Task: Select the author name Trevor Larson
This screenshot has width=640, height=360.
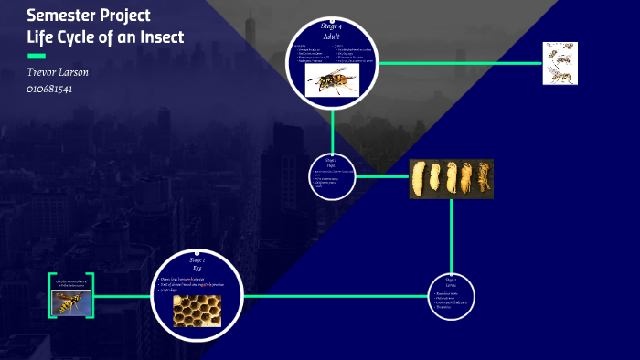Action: coord(58,71)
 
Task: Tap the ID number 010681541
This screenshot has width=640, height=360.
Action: coord(50,89)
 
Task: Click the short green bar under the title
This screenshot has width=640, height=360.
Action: coord(37,57)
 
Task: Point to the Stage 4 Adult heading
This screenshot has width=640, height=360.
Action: coord(331,32)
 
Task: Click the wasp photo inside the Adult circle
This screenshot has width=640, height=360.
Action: coord(332,80)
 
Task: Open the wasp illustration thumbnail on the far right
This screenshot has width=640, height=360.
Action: coord(560,63)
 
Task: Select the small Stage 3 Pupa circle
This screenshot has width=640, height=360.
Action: coord(331,174)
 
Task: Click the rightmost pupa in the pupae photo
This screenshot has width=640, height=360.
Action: coord(485,179)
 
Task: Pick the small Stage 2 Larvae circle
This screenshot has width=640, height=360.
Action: coord(452,295)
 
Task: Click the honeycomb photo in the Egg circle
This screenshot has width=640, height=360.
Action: coord(197,310)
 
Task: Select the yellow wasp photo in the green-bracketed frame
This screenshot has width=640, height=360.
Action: coord(70,303)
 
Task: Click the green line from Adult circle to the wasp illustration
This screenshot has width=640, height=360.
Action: coord(457,63)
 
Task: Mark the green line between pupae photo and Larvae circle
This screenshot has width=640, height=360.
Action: coord(452,233)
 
